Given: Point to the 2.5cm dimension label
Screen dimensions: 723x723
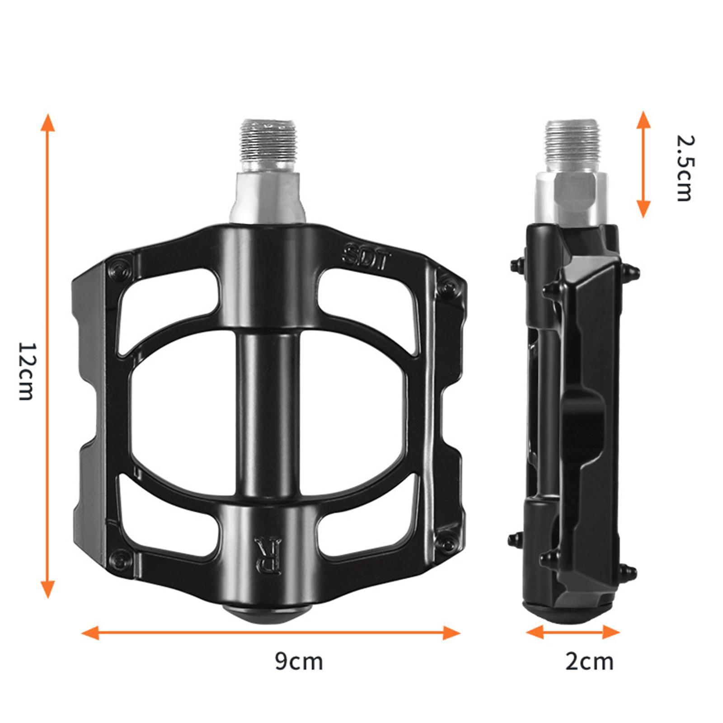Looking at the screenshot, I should (684, 168).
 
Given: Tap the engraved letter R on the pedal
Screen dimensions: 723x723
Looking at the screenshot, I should (268, 556).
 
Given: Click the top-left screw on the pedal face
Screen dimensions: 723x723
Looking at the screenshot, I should (120, 270).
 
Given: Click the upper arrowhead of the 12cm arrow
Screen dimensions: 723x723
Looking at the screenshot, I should (47, 123).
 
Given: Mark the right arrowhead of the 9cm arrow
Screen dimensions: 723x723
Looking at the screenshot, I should (451, 633).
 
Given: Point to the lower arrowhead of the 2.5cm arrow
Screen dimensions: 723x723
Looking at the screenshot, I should (643, 209).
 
